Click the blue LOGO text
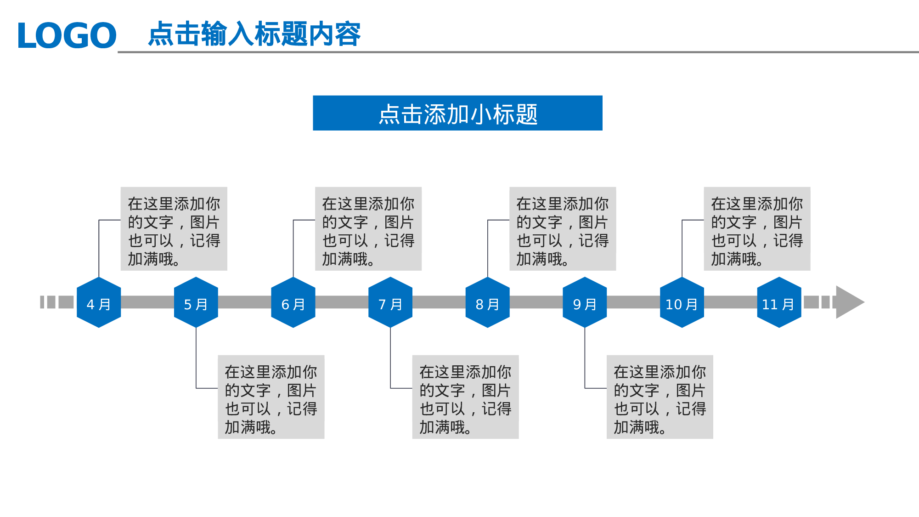pos(67,35)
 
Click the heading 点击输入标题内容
pos(254,34)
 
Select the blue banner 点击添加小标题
pos(457,113)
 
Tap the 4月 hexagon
pos(99,302)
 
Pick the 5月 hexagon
pos(196,302)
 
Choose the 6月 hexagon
pos(293,302)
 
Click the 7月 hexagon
pos(390,302)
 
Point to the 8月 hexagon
pos(487,302)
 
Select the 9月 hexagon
pos(585,302)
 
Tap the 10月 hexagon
pos(682,302)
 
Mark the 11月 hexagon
pos(779,302)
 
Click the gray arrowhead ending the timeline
pos(848,302)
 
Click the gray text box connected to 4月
pos(174,228)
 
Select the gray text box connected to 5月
pos(271,397)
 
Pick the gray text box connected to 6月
pos(368,228)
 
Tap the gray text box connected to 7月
pos(465,397)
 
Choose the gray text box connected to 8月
pos(563,228)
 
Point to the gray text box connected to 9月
pos(660,397)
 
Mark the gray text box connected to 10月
pos(757,228)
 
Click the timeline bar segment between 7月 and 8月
pos(439,302)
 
